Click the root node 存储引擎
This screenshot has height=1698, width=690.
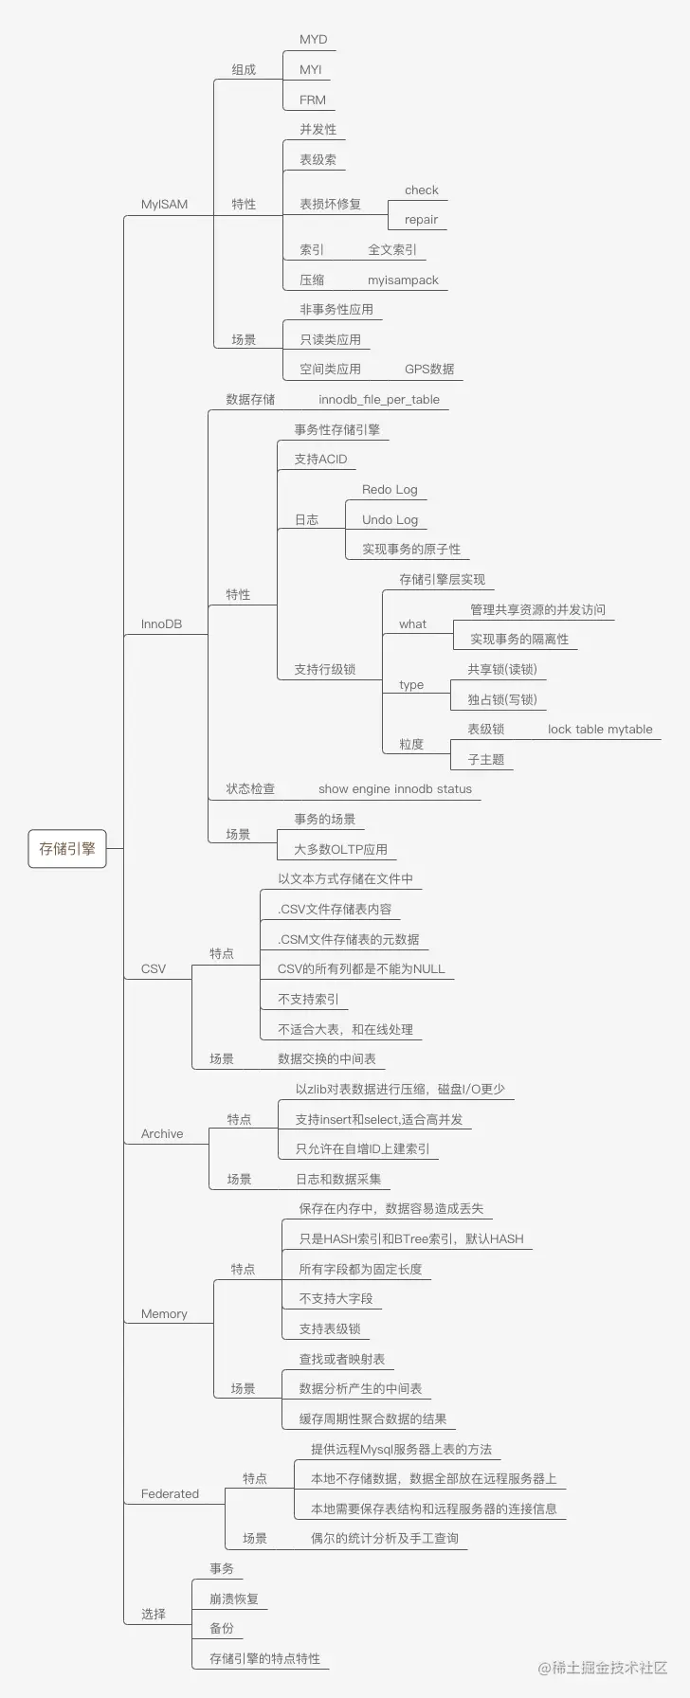(67, 849)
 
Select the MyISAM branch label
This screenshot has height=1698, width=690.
(165, 204)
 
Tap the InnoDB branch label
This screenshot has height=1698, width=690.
(161, 624)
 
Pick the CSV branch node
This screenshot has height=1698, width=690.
(154, 968)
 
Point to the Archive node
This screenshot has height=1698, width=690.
(162, 1133)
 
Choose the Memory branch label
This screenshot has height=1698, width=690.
(164, 1313)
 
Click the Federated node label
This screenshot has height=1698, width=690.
(171, 1493)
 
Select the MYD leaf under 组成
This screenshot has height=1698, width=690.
(314, 39)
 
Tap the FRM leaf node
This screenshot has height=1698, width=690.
(313, 99)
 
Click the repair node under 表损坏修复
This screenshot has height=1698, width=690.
(422, 220)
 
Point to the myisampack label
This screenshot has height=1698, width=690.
(404, 280)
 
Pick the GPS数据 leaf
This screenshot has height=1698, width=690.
(429, 369)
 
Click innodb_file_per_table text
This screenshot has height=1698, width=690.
(379, 399)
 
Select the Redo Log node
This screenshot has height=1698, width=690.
(390, 489)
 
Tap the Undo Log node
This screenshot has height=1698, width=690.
(390, 519)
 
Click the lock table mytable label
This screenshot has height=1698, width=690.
(601, 729)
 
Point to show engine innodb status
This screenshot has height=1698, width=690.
(395, 788)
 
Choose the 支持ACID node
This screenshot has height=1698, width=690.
(320, 459)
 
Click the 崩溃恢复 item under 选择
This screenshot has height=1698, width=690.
(234, 1599)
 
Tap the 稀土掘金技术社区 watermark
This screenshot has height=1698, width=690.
(603, 1668)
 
